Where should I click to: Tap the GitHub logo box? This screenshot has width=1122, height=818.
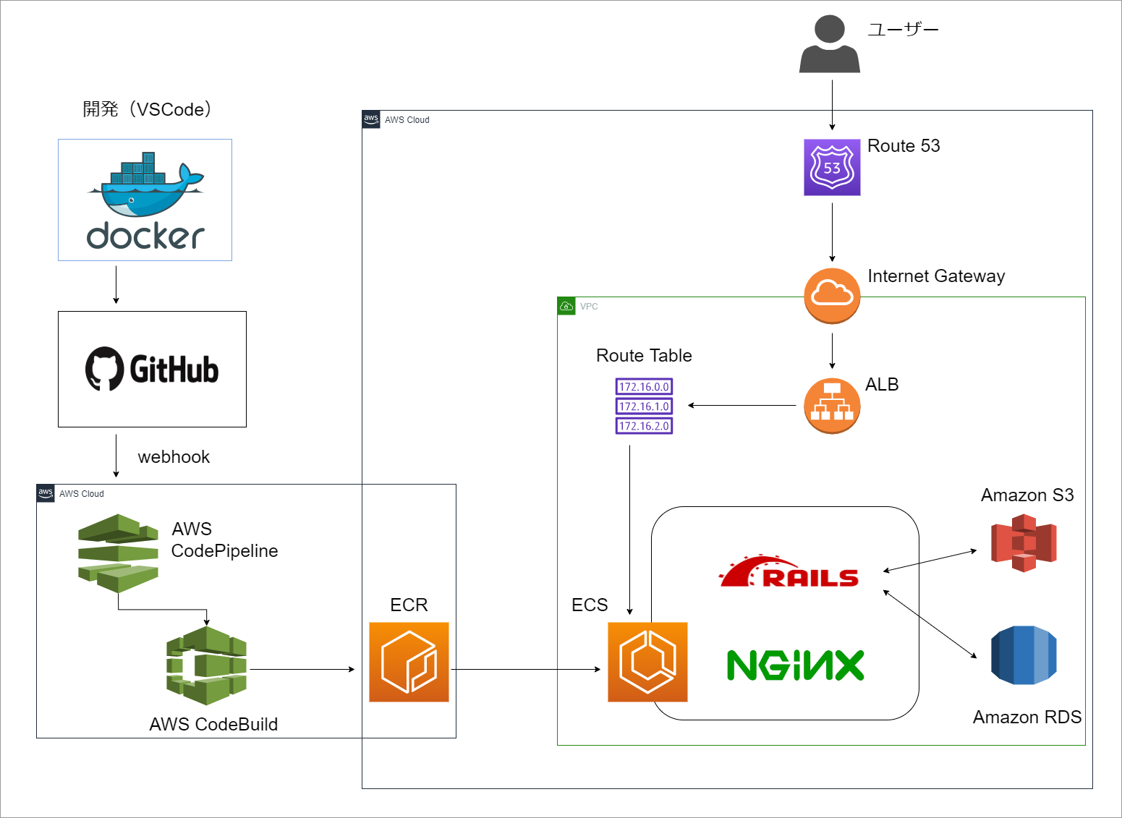click(152, 369)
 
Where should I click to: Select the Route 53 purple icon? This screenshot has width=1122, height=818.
click(832, 167)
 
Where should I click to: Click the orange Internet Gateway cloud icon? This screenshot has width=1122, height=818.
click(832, 295)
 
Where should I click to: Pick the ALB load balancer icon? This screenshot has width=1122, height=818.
click(832, 406)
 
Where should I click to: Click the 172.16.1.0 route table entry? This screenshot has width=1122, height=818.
click(644, 406)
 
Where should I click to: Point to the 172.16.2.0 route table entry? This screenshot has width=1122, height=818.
click(644, 426)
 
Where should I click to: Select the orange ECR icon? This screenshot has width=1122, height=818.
click(409, 662)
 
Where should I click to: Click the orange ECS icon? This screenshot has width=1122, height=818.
click(647, 662)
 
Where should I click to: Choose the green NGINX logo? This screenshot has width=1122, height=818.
click(795, 665)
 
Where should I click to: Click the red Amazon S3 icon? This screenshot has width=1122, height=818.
click(1024, 542)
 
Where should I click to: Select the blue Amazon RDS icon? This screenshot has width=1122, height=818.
click(1024, 655)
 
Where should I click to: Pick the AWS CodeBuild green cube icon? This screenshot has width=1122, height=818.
click(206, 665)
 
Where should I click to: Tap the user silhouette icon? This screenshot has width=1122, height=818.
click(830, 45)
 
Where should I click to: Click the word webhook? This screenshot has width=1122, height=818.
click(174, 457)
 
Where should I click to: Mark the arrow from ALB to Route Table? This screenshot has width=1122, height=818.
click(741, 405)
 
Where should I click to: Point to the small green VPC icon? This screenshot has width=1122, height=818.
click(566, 306)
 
